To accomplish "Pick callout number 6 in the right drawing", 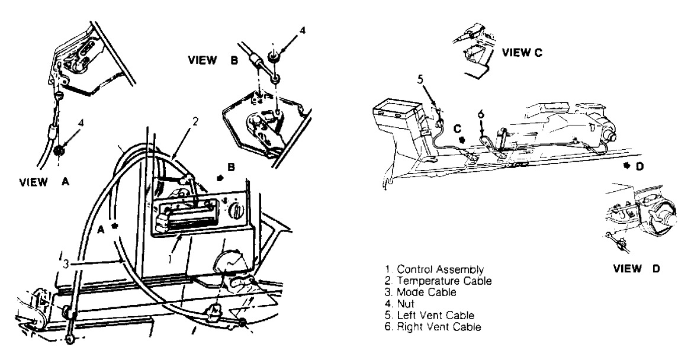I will [x=480, y=114].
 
